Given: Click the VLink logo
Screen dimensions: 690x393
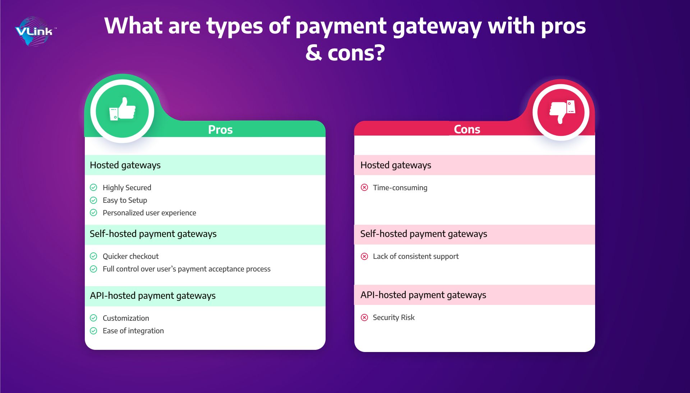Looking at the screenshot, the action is [35, 31].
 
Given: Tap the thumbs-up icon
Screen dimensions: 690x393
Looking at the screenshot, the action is [123, 109].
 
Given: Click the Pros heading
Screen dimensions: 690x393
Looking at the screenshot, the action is [220, 129].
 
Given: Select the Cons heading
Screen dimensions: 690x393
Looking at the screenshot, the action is [467, 129].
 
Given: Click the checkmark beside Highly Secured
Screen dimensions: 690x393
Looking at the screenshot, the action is [93, 187].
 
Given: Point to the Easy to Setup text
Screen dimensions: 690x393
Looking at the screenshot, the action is [125, 200].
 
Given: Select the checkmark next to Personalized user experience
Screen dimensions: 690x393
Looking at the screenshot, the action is [93, 213].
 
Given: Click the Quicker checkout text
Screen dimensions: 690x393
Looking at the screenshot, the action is [130, 256].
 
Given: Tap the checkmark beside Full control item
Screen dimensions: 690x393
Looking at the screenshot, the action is [93, 269].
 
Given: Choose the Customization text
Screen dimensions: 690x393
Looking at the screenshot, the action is [126, 318].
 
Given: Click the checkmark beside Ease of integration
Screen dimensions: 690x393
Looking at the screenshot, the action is [93, 331].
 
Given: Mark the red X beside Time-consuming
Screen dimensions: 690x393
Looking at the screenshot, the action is [364, 187].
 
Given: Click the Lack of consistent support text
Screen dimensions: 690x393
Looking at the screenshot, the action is [416, 256].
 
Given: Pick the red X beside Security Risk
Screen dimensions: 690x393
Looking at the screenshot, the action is [364, 317].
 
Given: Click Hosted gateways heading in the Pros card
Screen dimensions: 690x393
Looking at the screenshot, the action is [125, 165].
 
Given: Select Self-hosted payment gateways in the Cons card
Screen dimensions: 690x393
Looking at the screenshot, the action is [424, 234].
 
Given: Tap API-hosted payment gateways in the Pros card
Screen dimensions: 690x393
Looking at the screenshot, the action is [153, 296].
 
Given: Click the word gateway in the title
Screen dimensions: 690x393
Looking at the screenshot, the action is [437, 27].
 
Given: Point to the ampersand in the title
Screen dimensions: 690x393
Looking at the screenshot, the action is [314, 53].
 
